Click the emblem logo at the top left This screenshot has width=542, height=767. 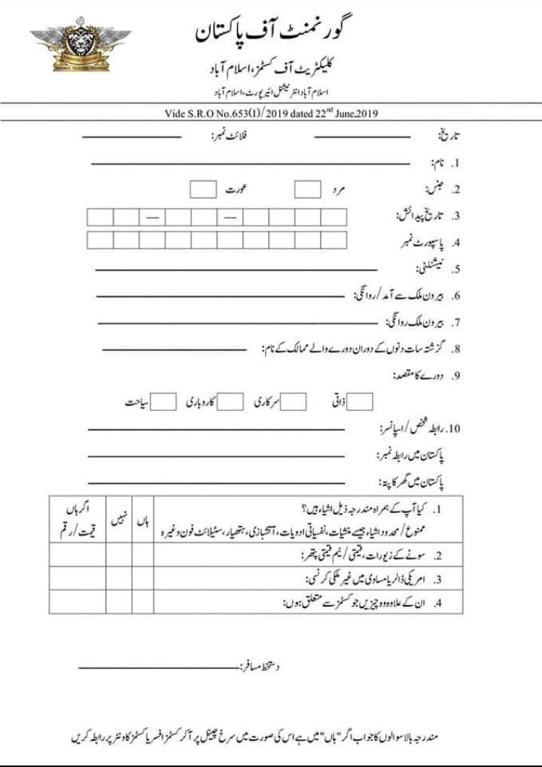click(80, 47)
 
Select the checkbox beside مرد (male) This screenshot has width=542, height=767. click(307, 189)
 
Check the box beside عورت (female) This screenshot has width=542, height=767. click(202, 189)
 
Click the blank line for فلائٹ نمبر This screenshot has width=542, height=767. click(132, 136)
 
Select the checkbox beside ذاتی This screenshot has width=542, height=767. click(361, 402)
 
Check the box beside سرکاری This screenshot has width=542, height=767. click(294, 402)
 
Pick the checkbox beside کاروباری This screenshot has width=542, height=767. click(231, 402)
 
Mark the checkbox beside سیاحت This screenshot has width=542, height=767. click(165, 402)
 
